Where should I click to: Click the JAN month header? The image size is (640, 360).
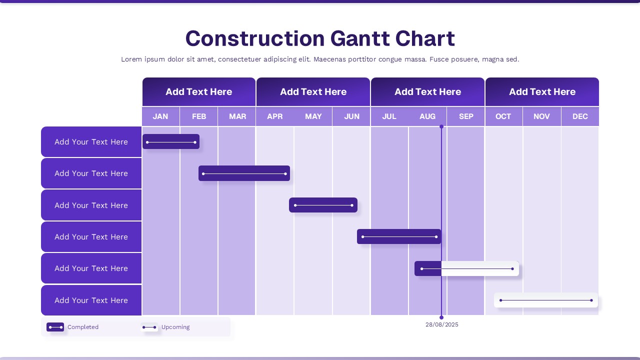click(160, 116)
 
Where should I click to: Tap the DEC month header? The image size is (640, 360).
click(580, 116)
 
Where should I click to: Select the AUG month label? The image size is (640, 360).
click(427, 116)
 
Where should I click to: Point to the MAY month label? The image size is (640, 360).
click(313, 116)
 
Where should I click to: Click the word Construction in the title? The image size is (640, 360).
click(255, 38)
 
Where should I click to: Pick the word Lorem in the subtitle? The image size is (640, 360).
click(131, 59)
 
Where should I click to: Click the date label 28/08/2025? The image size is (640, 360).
click(441, 325)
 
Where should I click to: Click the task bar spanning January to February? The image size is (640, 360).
click(171, 142)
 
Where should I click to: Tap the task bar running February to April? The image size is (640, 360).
click(244, 173)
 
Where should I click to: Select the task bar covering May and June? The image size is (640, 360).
click(323, 205)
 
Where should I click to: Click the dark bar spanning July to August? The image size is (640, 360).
click(398, 237)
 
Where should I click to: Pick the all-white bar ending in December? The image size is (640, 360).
click(545, 300)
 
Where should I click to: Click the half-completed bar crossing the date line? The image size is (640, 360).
click(466, 268)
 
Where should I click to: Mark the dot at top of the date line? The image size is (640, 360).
click(441, 127)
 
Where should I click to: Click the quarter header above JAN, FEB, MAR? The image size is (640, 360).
click(199, 92)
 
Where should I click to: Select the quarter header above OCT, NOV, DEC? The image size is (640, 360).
click(542, 92)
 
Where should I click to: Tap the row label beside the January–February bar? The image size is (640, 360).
click(91, 142)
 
